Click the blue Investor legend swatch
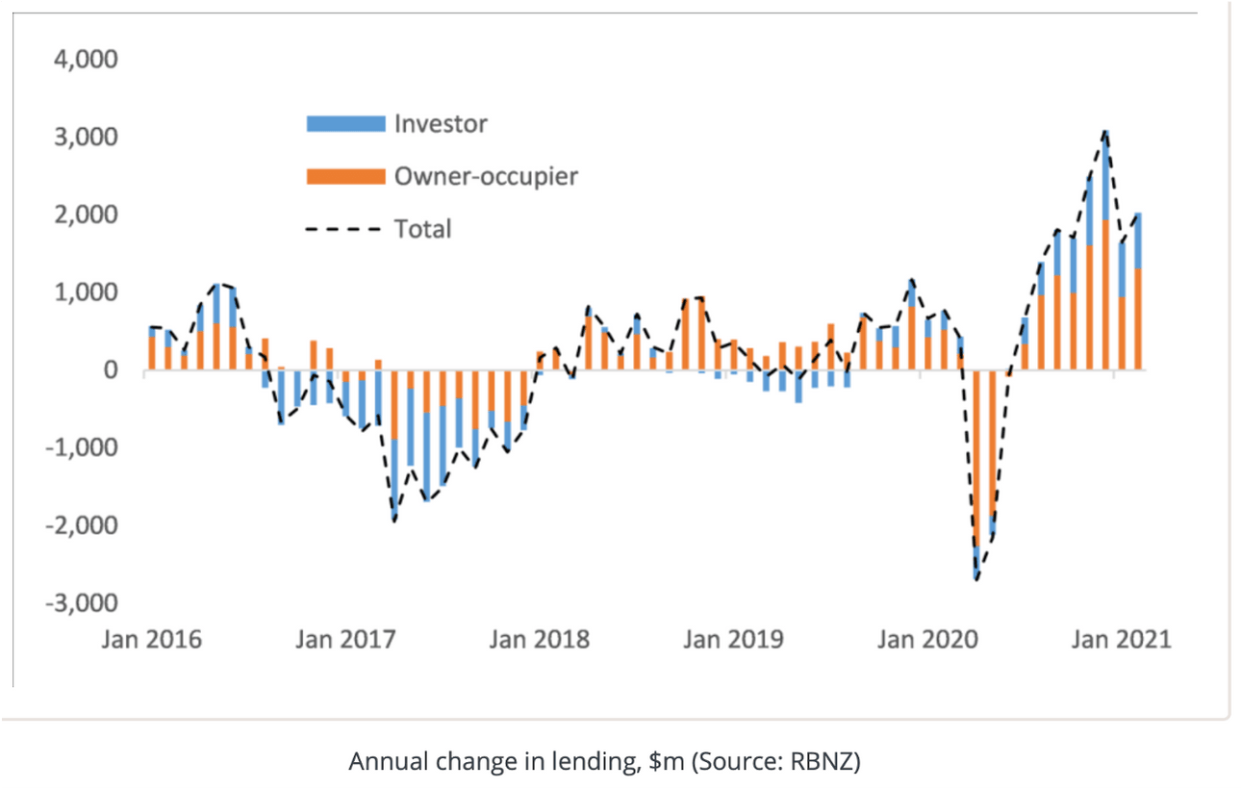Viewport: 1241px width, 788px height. (345, 124)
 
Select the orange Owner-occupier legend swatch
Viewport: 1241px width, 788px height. (345, 177)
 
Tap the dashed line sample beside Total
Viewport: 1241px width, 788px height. (345, 230)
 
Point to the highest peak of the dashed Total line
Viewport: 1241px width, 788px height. (1106, 131)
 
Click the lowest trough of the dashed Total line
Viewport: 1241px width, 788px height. (976, 579)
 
